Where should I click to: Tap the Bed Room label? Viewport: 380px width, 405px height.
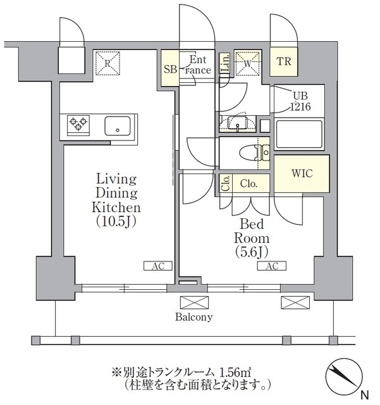tap(252, 238)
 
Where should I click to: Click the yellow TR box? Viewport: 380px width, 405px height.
tap(283, 62)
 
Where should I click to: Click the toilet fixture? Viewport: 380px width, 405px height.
tap(259, 152)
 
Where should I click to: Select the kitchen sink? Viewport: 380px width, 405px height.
tap(118, 125)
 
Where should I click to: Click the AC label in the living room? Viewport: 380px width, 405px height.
tap(158, 266)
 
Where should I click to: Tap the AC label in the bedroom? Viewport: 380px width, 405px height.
tap(271, 266)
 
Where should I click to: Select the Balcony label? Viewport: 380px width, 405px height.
tap(195, 317)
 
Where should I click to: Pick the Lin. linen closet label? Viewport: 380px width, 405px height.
tap(225, 63)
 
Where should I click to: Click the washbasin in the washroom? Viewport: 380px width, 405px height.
tap(239, 122)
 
